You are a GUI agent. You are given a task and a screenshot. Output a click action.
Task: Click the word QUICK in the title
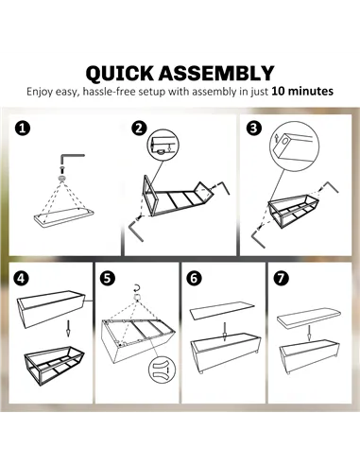tap(120, 74)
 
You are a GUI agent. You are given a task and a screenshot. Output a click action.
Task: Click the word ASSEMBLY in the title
tap(216, 73)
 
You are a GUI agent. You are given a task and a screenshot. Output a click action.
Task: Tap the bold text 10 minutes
tap(302, 92)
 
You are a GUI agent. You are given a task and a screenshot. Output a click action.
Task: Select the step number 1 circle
tap(23, 129)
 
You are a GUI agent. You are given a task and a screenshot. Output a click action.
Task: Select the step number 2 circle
tap(139, 129)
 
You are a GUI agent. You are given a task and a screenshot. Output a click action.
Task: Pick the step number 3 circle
tap(254, 129)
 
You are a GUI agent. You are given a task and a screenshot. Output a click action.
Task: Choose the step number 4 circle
tap(21, 278)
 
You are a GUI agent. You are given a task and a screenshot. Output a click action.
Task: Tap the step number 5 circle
tap(108, 278)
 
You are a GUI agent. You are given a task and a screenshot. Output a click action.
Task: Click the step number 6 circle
tap(194, 278)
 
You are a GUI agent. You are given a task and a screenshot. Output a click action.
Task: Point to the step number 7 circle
tap(281, 278)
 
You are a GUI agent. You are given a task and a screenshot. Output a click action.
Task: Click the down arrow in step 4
tap(68, 328)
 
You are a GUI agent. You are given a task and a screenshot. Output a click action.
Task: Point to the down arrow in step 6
tap(225, 332)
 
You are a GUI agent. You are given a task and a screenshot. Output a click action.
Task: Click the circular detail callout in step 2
tap(163, 145)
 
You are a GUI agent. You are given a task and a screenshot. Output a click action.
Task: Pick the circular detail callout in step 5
tap(162, 370)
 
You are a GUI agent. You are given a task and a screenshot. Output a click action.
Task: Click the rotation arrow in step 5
tap(137, 287)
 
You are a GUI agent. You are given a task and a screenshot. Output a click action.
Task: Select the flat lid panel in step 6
tap(222, 311)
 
